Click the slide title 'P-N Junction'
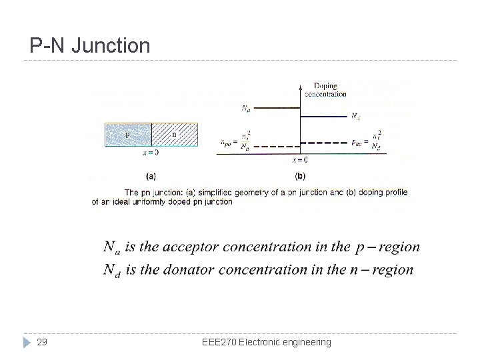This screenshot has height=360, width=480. (90, 46)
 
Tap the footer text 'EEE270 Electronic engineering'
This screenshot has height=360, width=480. (266, 342)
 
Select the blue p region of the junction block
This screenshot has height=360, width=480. (128, 134)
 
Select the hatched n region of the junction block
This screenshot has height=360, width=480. (175, 134)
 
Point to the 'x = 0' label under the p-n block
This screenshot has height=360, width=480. (151, 153)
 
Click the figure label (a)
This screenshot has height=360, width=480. (151, 176)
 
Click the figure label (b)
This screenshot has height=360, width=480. (300, 176)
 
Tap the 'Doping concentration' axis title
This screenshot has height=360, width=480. (325, 90)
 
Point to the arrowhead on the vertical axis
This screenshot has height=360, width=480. (301, 85)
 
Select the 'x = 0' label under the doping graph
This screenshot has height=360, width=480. (300, 160)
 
